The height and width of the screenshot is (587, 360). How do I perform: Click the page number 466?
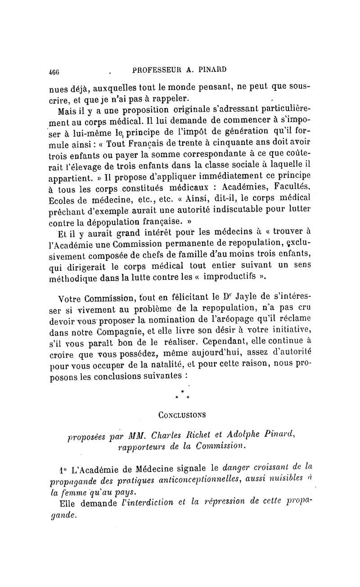coord(54,71)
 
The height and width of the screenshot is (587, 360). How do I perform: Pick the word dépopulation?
coord(119,221)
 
